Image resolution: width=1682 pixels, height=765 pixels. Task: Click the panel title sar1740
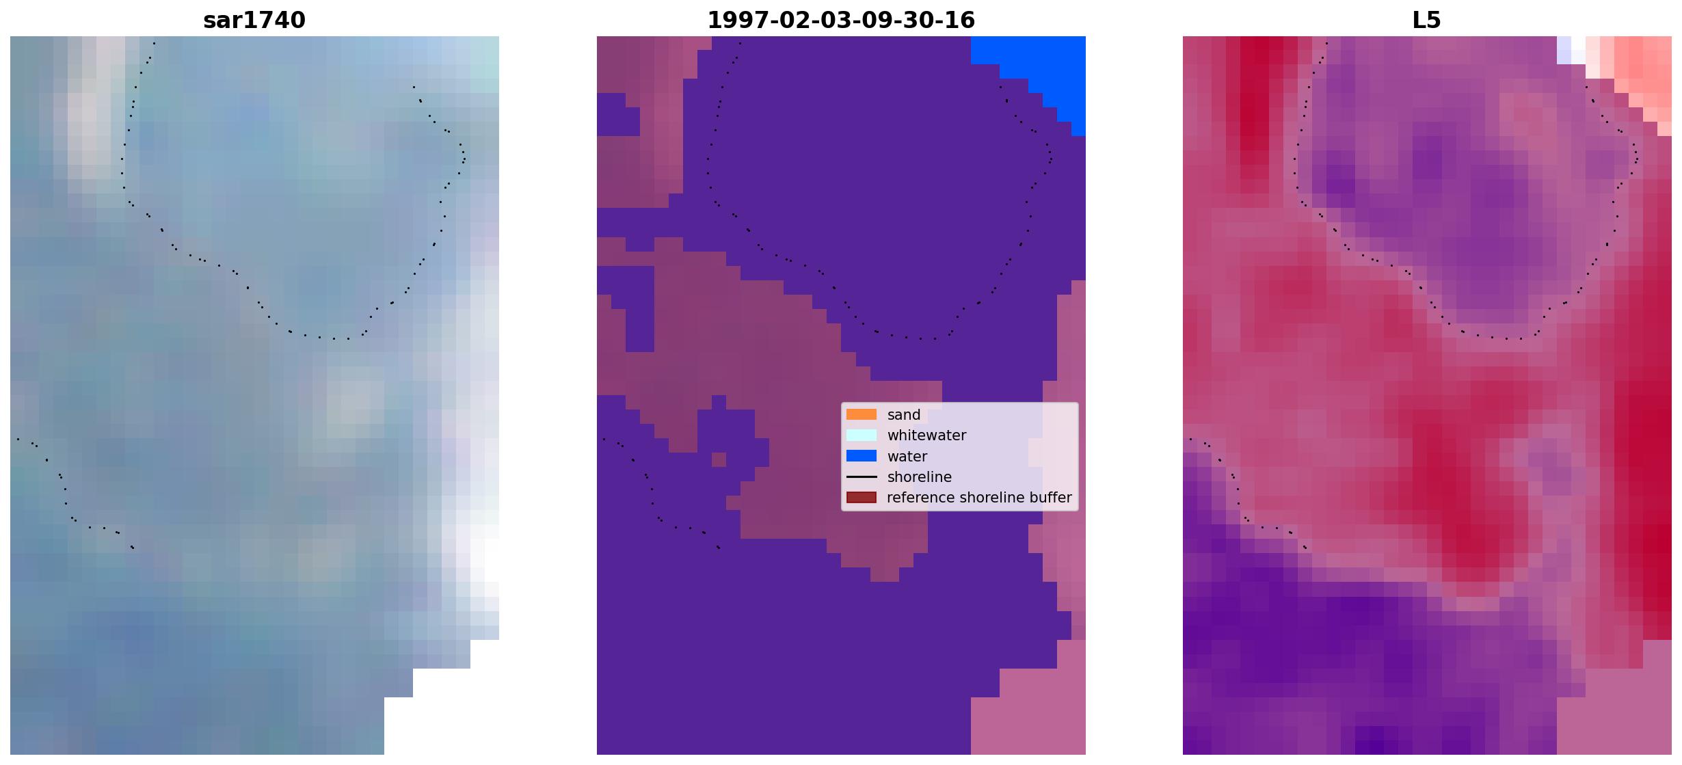coord(254,21)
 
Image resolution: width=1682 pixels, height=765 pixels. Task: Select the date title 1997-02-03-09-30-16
coord(841,21)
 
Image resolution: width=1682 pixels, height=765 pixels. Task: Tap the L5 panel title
coord(1426,21)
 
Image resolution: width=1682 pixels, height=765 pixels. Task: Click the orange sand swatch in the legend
coord(862,414)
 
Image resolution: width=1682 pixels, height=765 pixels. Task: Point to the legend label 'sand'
coord(904,415)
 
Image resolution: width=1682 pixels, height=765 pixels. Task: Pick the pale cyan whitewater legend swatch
coord(862,435)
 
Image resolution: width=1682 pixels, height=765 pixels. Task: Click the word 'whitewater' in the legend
coord(926,435)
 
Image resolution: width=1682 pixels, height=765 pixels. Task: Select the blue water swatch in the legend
coord(862,456)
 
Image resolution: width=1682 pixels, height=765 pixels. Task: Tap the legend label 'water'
coord(907,457)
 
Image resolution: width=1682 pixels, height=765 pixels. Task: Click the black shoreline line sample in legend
coord(862,477)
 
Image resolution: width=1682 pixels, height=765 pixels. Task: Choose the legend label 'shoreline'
coord(920,477)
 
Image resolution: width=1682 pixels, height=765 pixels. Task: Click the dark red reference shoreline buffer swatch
coord(862,497)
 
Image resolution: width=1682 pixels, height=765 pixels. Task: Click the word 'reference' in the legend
coord(918,498)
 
